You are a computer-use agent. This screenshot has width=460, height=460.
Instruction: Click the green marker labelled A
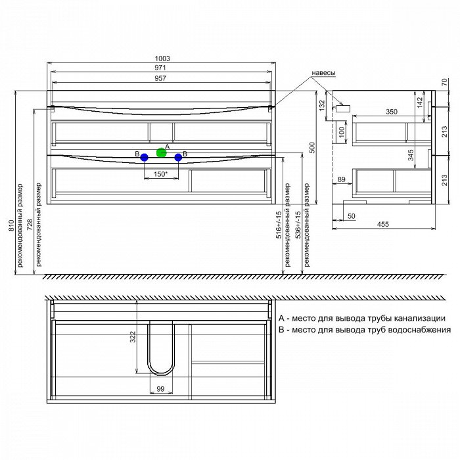pos(162,152)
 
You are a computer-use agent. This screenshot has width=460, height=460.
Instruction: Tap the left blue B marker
pos(144,158)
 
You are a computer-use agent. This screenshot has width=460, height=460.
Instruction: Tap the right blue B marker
pos(178,158)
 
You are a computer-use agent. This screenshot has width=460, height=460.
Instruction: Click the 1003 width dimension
pos(162,58)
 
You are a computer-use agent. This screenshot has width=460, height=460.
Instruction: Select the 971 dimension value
pos(160,68)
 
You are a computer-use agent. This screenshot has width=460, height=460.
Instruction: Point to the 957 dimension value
pos(160,78)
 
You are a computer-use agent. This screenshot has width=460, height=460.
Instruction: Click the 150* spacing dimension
pos(160,174)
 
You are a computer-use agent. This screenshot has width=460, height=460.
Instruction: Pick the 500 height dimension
pos(312,148)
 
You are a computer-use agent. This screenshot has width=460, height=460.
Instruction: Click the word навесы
pos(323,73)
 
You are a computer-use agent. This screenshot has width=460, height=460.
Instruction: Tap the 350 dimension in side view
pos(392,112)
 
